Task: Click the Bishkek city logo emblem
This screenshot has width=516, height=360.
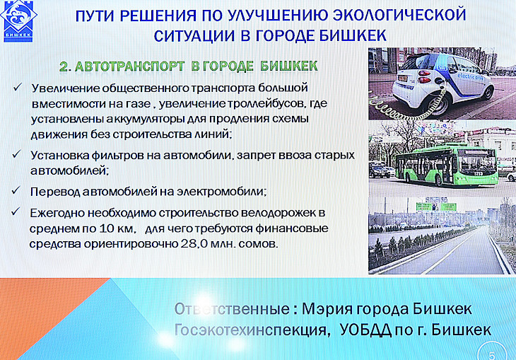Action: coord(18,21)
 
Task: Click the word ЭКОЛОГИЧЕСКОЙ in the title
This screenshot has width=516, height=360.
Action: coord(399,15)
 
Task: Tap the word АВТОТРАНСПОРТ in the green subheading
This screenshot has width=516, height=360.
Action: coord(130,66)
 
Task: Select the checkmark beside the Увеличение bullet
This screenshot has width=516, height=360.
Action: coord(18,87)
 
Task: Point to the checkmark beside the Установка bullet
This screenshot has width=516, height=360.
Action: coord(16,154)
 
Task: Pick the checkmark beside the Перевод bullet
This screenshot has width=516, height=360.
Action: coord(16,190)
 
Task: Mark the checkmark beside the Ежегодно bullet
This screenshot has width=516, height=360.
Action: coord(16,211)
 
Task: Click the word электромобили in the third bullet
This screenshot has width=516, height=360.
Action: coord(221,192)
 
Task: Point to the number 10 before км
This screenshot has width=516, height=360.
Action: coord(106,228)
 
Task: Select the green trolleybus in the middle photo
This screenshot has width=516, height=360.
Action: coord(447,165)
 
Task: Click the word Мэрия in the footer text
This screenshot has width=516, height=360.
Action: coord(327,309)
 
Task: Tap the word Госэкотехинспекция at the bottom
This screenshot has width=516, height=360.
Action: coord(252,330)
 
